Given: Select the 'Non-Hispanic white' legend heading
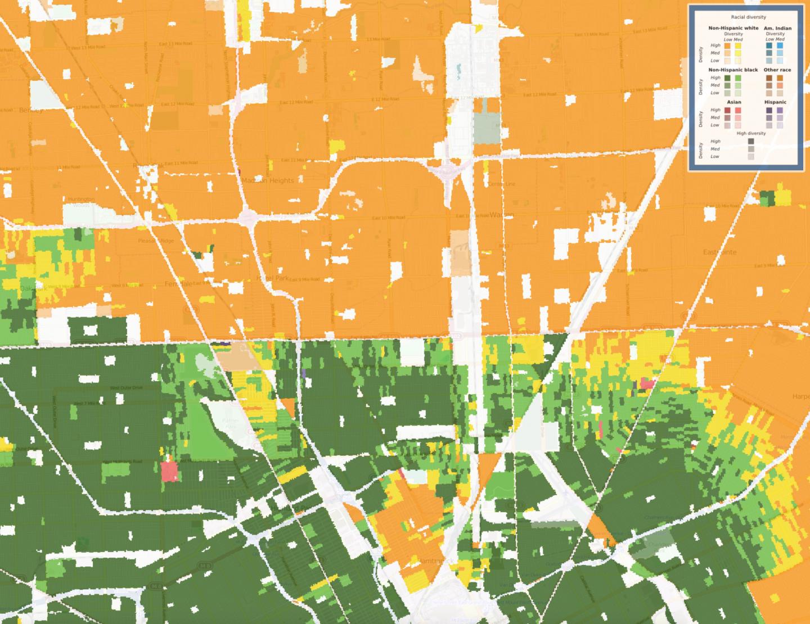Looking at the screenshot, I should point(733,28).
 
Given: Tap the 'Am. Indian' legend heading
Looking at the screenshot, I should point(778,28).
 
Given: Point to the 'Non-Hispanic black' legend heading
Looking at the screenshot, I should point(733,70).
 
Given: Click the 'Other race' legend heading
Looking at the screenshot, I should point(777,70).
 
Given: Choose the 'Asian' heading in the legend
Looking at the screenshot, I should point(733,102).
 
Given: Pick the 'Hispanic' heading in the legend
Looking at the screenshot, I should point(775,102).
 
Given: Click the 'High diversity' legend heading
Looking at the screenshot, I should point(751,133).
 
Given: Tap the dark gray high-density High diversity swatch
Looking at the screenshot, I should point(751,142).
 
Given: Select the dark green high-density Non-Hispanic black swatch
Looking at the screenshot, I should point(727,78).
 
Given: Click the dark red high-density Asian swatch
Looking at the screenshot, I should point(727,110).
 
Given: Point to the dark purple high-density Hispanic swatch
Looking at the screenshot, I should point(769,110).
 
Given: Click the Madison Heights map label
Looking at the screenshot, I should point(268,180).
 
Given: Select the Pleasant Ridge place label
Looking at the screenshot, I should point(156,241).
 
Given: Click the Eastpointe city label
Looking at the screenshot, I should point(719,252).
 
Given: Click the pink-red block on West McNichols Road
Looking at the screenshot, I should point(169,471).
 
